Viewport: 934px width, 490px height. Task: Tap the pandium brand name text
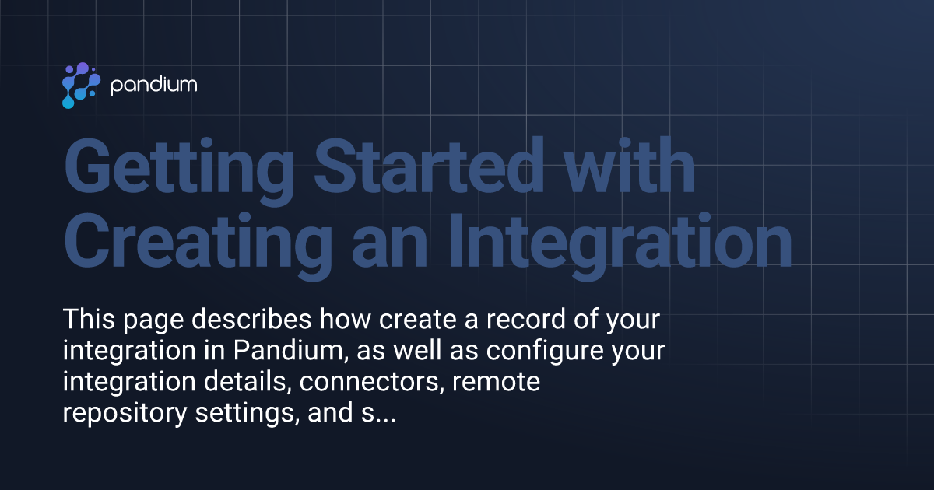153,85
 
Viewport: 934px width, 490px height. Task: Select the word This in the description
88,320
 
